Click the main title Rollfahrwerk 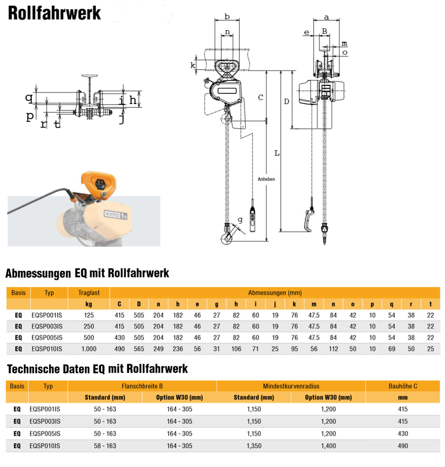[54, 13]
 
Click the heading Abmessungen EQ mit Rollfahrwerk [87, 273]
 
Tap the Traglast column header [89, 293]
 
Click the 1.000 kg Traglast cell [89, 349]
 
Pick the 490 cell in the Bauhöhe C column [403, 446]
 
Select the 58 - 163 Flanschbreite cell [105, 446]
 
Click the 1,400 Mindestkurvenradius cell [328, 446]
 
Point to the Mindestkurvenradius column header [291, 386]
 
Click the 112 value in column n [333, 349]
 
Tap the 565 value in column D [139, 349]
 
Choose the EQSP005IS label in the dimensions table [49, 338]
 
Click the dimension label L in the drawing [276, 153]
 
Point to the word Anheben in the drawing [266, 179]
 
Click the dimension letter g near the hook [240, 219]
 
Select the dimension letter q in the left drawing [29, 97]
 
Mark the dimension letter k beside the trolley [193, 65]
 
